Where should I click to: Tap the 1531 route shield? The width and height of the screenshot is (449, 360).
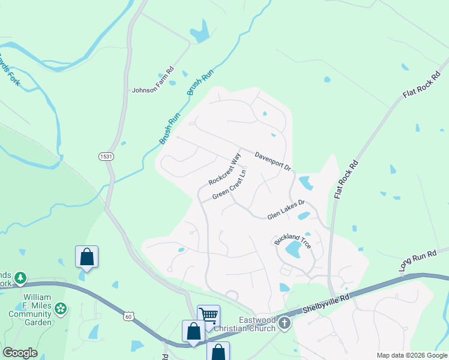105,156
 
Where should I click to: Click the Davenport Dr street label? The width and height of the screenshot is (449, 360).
273,160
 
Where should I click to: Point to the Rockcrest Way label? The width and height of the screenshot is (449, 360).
224,169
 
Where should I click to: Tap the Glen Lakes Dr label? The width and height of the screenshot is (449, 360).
286,209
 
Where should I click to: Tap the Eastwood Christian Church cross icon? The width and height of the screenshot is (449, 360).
285,324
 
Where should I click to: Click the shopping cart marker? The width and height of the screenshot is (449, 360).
208,315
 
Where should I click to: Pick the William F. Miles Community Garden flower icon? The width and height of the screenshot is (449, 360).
60,308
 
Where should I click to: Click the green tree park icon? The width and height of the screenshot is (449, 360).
21,277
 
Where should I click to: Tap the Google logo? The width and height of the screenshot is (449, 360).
20,353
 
